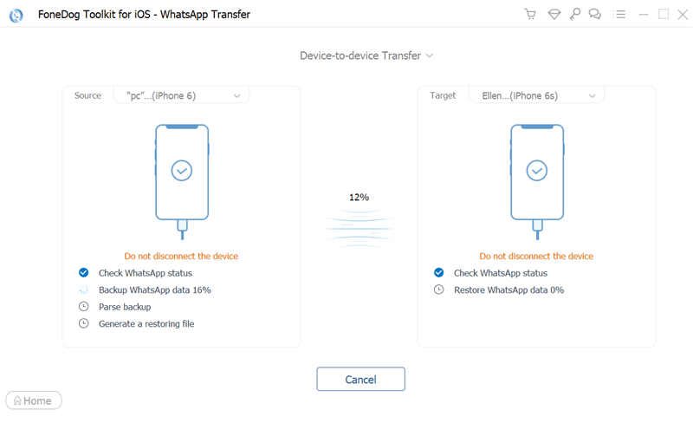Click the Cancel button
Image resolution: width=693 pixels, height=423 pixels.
pos(360,379)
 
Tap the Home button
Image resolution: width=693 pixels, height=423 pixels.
pos(34,400)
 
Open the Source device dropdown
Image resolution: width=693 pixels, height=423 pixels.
pos(182,95)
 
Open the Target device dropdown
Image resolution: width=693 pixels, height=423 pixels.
pos(536,95)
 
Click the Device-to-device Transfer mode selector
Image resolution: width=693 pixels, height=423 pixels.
pos(366,55)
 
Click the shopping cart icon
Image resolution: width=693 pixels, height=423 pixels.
pos(530,14)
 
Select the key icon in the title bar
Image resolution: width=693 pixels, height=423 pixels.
pos(575,14)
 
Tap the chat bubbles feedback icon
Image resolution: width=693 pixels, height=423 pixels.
pos(595,14)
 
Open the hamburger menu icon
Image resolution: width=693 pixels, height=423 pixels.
pos(619,15)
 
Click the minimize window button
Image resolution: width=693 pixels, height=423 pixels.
pos(644,15)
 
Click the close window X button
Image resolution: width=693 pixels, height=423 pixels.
pos(683,15)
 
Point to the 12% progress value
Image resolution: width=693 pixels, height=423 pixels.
pos(359,198)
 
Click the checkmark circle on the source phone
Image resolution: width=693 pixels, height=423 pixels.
pos(182,171)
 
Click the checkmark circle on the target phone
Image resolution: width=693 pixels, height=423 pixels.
pos(537,171)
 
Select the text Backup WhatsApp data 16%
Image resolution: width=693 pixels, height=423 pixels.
pos(155,290)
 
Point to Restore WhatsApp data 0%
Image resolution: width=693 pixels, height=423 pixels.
pos(508,290)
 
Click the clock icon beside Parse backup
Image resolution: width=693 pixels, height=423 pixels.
pos(83,306)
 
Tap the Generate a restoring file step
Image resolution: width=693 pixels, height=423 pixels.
pos(146,324)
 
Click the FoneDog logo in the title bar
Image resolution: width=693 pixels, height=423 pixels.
pos(16,15)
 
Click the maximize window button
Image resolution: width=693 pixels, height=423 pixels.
pos(664,14)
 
